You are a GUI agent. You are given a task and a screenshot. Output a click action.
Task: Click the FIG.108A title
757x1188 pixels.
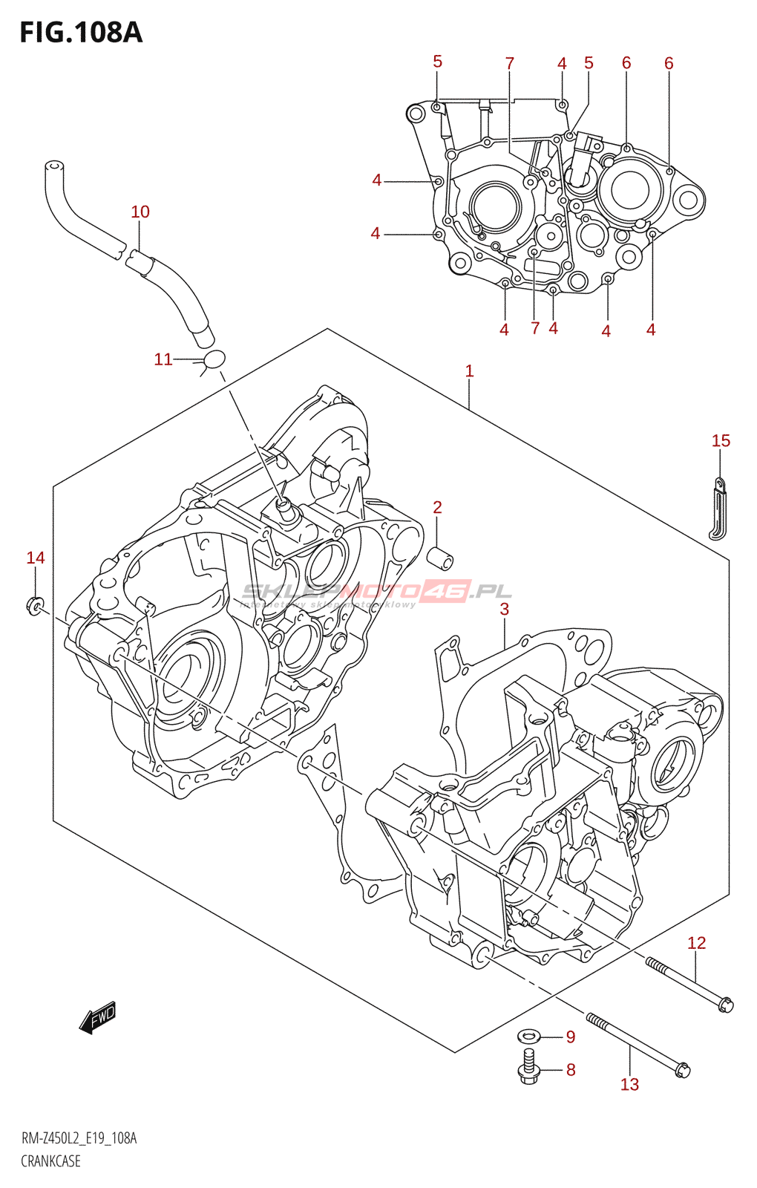coord(80,33)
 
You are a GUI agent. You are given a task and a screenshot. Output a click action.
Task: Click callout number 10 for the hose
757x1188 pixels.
coord(140,212)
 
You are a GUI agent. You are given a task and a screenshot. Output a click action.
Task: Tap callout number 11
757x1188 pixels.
coord(163,360)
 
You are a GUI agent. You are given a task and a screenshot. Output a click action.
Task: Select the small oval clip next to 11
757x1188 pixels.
coord(214,359)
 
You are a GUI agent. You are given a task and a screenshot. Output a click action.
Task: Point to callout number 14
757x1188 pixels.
coord(36,558)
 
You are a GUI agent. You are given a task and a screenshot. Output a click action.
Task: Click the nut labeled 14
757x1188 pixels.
coord(35,606)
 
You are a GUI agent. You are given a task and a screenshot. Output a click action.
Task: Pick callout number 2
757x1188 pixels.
coord(437,508)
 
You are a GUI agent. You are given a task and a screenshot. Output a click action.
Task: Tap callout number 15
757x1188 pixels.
coord(721,441)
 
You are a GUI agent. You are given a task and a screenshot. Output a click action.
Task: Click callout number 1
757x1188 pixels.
coord(469,371)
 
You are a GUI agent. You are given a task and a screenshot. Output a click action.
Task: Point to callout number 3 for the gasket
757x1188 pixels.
coord(504,610)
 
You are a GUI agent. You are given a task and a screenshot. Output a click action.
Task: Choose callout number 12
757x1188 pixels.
coord(696,943)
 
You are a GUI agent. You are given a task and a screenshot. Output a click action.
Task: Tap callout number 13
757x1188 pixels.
coord(629,1085)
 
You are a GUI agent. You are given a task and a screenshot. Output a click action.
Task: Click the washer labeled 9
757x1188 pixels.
coord(529,1037)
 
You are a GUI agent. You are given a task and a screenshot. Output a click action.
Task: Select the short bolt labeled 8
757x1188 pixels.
coord(528,1066)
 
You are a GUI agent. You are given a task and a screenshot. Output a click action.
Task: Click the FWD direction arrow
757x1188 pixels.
coord(98,1017)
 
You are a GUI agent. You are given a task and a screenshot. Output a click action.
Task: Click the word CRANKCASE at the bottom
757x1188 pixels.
coord(50,1162)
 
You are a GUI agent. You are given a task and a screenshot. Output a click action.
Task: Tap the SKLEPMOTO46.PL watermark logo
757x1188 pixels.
coord(377,592)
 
